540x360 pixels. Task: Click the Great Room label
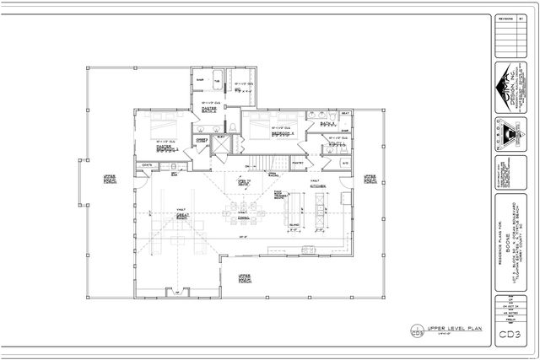[181, 216]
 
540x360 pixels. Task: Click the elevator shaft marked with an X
[221, 143]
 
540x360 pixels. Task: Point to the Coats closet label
[147, 165]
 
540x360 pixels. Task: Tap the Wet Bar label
[175, 175]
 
